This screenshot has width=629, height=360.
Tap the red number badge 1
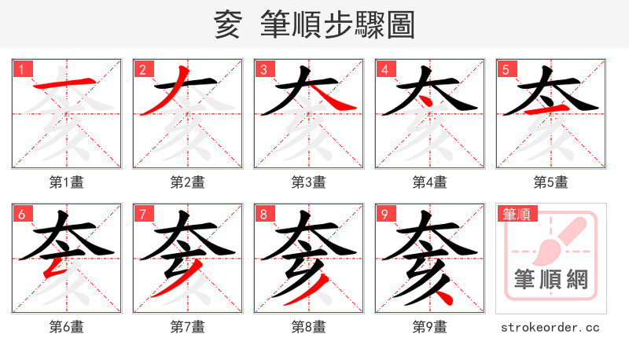[21, 69]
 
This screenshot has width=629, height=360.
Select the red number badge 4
[384, 69]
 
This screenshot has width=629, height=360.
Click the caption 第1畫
[67, 182]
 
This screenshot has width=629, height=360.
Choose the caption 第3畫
[309, 182]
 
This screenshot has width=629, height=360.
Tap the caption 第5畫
[551, 182]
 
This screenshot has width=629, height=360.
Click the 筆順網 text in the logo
[551, 280]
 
